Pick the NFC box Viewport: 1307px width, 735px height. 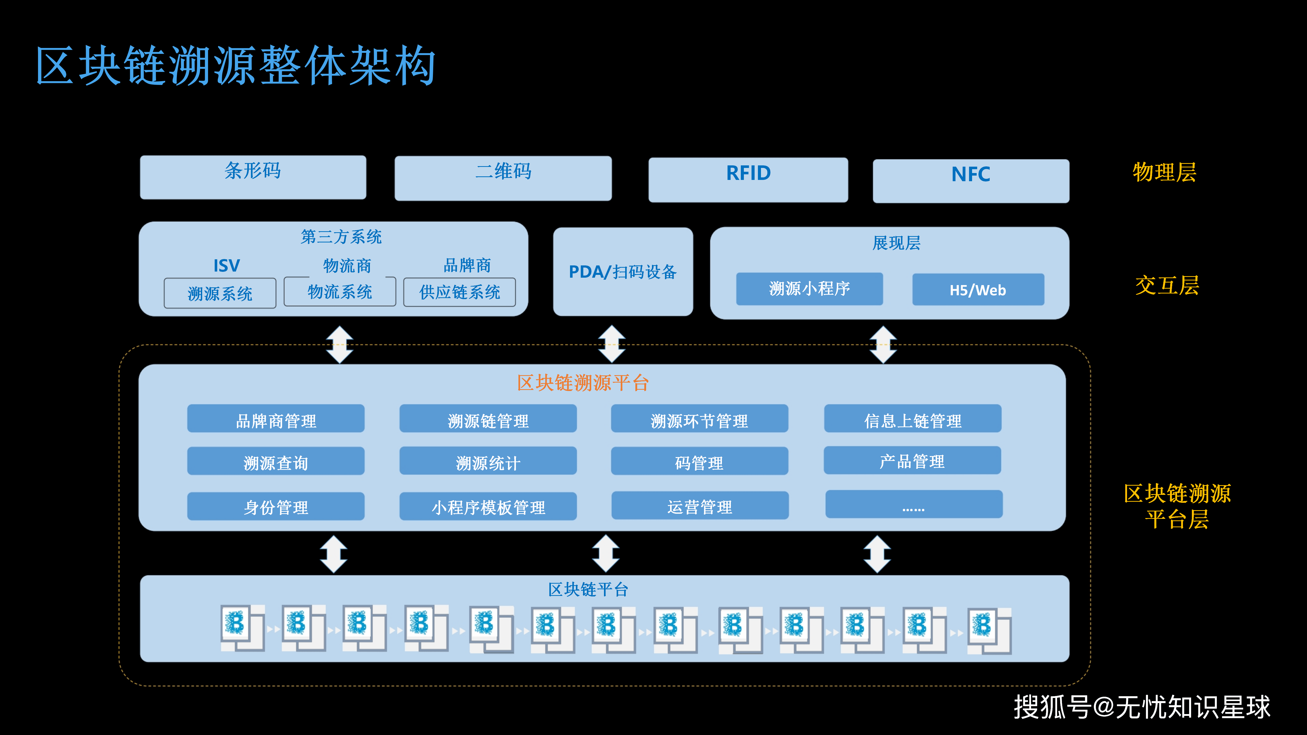pyautogui.click(x=971, y=181)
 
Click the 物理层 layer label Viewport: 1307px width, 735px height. pyautogui.click(x=1164, y=172)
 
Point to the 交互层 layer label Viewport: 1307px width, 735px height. pyautogui.click(x=1167, y=285)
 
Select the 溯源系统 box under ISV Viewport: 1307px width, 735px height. pyautogui.click(x=220, y=293)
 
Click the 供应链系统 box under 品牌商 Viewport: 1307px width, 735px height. pyautogui.click(x=459, y=292)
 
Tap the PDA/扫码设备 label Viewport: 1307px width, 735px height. pyautogui.click(x=623, y=272)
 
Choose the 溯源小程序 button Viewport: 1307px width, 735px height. pyautogui.click(x=809, y=289)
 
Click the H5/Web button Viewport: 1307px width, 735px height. pyautogui.click(x=978, y=290)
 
